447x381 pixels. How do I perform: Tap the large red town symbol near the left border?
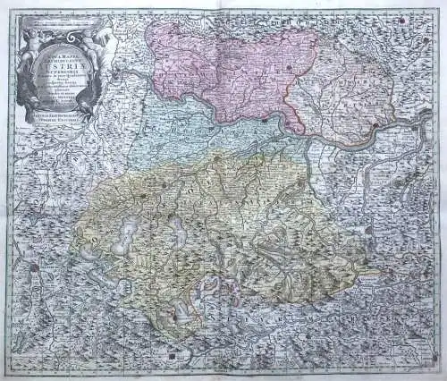(33, 266)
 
